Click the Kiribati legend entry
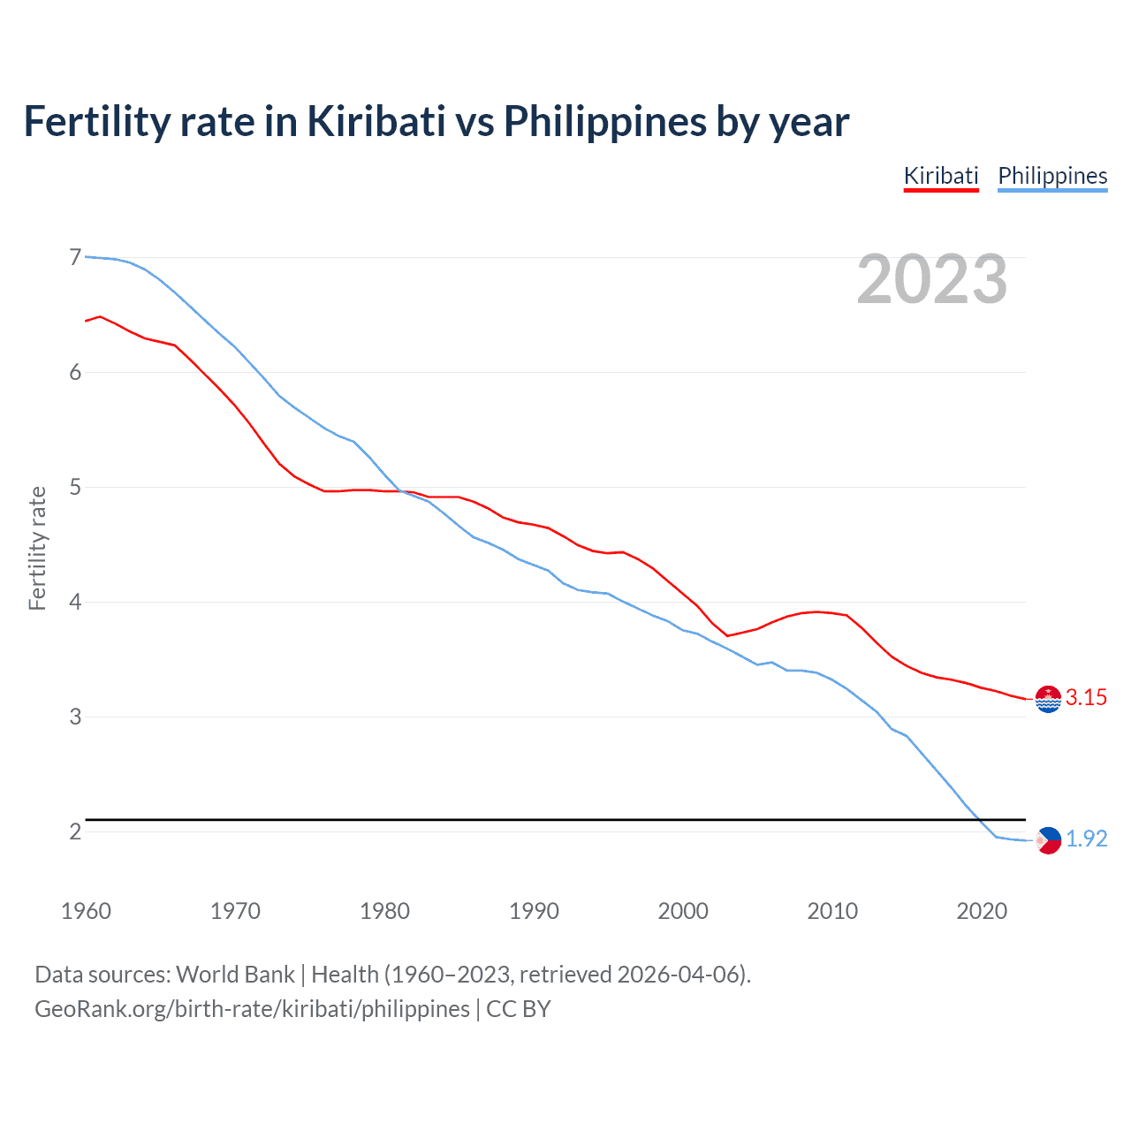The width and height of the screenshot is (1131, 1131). point(941,176)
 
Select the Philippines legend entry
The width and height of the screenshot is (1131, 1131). point(1052,176)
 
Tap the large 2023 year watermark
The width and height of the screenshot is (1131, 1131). point(931,279)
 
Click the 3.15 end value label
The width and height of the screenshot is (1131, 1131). point(1086,697)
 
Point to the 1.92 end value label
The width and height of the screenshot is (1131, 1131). point(1086,839)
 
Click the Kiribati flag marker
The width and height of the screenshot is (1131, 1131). point(1048,699)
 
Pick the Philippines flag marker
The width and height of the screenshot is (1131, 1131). point(1048,840)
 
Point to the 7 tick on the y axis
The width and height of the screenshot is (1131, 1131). point(75,257)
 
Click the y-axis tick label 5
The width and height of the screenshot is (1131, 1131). point(75,487)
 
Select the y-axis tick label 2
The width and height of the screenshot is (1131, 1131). point(75,831)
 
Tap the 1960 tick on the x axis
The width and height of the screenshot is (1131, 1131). point(86,911)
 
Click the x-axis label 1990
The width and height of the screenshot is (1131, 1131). point(534,911)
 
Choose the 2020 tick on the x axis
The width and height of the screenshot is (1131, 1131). point(982,911)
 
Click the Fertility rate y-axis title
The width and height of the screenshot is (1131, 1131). point(37,548)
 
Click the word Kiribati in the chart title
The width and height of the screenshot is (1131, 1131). point(376,121)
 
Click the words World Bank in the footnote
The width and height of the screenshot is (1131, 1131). point(235,975)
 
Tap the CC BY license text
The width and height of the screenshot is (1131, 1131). point(518,1009)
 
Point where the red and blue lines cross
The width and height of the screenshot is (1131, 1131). point(400,491)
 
